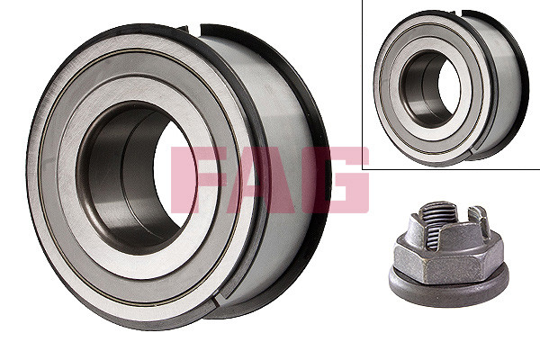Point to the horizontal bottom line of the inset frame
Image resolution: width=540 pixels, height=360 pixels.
(x=450, y=168)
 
